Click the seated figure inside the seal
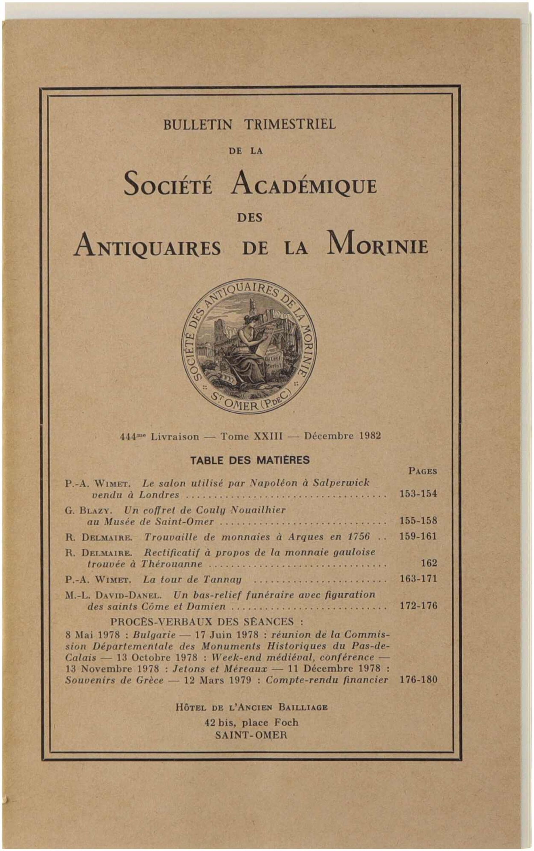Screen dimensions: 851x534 pos(244,349)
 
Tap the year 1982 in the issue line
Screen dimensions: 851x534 pos(370,436)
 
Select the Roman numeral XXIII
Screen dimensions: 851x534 pos(268,436)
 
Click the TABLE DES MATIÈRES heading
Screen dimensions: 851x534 pos(250,460)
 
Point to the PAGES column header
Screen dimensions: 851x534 pos(423,471)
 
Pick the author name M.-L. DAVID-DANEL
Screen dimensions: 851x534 pos(113,595)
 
